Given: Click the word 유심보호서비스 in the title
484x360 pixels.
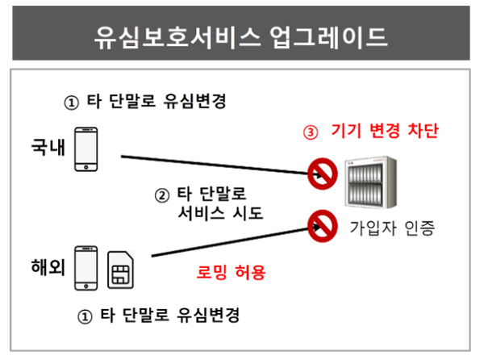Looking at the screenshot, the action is (177, 37).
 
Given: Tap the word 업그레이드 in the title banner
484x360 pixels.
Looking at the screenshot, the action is (328, 37).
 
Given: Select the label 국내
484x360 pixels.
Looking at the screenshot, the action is (48, 146).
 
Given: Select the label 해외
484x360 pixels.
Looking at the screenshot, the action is (48, 266).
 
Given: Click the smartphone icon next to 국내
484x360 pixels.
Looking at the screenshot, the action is (86, 149).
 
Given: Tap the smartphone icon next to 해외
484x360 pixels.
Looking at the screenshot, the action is (86, 268).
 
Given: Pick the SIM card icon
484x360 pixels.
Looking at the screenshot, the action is (120, 270).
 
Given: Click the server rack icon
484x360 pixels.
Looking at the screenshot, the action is (371, 182).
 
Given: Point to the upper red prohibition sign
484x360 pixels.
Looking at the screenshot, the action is (322, 174).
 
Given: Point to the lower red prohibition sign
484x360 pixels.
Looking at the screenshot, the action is (322, 226).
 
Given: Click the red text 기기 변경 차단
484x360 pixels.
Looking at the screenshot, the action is (385, 131).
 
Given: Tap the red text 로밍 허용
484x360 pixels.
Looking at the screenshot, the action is (231, 272).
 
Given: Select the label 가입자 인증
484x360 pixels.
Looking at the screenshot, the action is (392, 228).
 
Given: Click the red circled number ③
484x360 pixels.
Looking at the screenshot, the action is (311, 132).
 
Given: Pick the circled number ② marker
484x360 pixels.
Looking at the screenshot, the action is (162, 195).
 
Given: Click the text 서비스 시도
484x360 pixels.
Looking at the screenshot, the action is (220, 213).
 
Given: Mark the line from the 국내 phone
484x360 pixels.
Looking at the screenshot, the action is (221, 165).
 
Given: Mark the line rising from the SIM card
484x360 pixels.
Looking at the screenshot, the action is (236, 241).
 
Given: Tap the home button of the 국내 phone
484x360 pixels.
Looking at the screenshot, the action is (86, 167).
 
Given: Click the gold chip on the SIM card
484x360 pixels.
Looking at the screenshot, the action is (120, 274).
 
